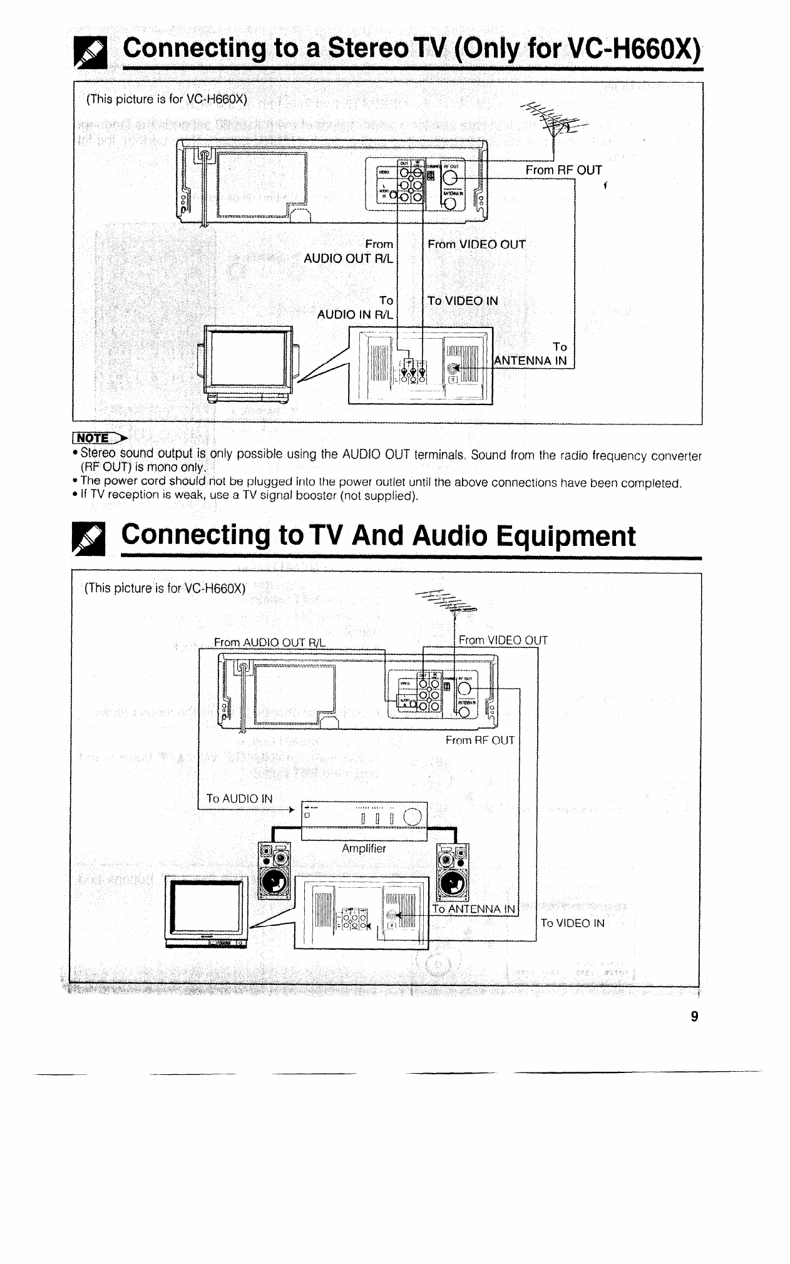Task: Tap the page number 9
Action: [x=694, y=1016]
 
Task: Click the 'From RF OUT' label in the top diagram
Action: [x=563, y=170]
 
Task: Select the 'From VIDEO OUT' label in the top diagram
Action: [x=476, y=244]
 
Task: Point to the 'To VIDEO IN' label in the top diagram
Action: [x=463, y=301]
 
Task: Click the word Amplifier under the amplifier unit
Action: [x=364, y=848]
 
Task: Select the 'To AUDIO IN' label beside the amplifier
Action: [x=240, y=798]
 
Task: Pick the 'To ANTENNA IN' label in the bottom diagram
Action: [x=473, y=909]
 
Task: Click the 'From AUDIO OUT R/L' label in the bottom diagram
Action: [x=270, y=642]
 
